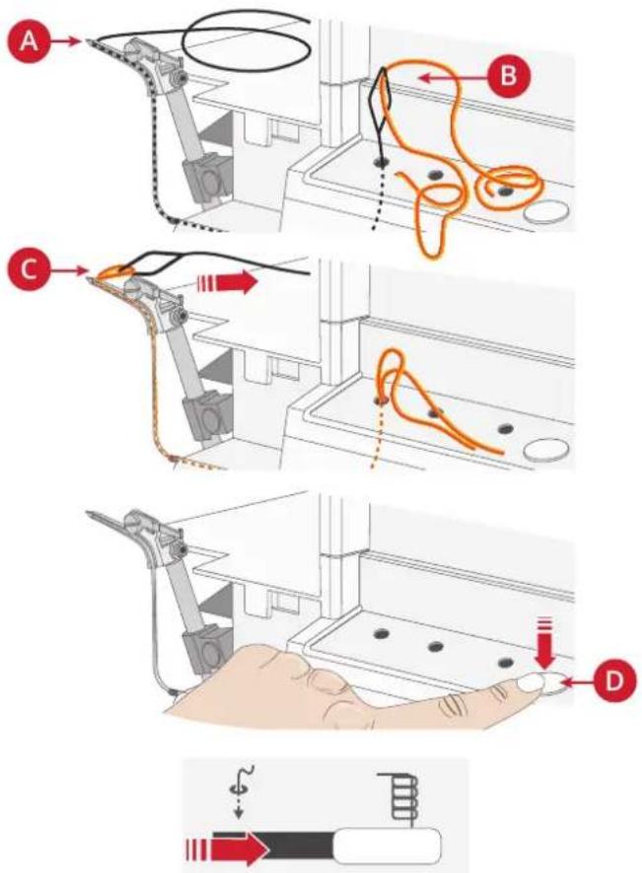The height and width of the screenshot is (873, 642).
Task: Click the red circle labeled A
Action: point(29,41)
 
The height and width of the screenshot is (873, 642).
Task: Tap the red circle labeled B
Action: point(508,75)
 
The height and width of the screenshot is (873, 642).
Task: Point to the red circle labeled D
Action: point(614,680)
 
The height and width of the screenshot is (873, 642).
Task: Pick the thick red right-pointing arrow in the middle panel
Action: point(227,283)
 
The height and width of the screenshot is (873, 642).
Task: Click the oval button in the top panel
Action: point(547,212)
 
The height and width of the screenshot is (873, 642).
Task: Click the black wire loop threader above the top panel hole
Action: point(382,114)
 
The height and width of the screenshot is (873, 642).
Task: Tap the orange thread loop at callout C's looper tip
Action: point(115,272)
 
